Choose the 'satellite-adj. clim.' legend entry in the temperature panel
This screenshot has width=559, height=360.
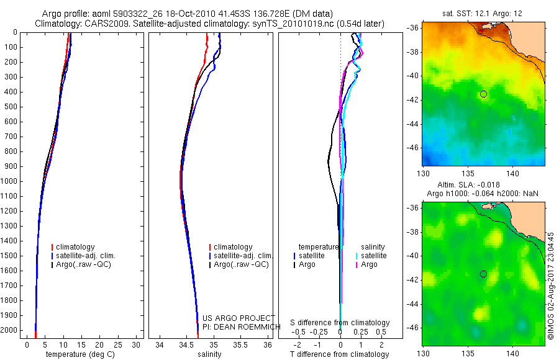[86, 256]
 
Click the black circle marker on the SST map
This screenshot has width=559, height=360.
[483, 94]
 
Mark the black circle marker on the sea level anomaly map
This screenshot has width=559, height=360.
[483, 274]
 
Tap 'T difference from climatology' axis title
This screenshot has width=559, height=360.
[340, 354]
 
